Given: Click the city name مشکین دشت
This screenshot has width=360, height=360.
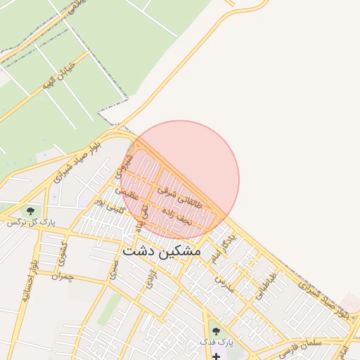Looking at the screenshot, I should (161, 250).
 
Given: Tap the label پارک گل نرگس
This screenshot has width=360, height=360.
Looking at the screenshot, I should (31, 222).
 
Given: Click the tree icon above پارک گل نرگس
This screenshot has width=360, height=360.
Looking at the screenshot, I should (30, 210).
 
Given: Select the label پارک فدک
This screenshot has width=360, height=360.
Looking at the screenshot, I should (214, 342).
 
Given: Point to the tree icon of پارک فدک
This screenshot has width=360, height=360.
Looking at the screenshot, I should (216, 330).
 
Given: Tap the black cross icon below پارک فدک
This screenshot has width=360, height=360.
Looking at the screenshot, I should (216, 356).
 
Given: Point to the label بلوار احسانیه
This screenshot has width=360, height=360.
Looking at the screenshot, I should (29, 282).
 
